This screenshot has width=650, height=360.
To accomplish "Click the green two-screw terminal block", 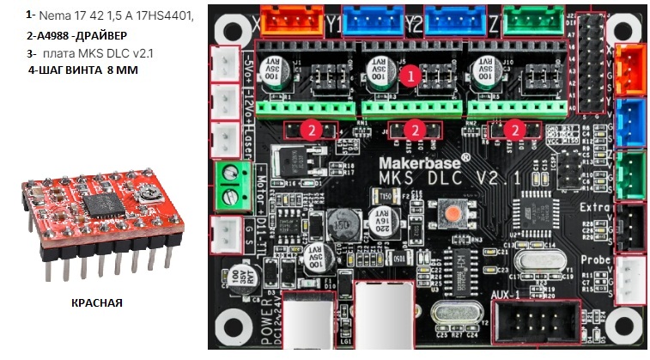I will click(x=227, y=183).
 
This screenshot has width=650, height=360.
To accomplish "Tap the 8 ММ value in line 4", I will click(x=122, y=70).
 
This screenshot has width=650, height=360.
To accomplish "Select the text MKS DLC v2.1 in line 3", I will click(x=112, y=53).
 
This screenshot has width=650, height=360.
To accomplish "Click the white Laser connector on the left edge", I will click(x=226, y=140).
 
